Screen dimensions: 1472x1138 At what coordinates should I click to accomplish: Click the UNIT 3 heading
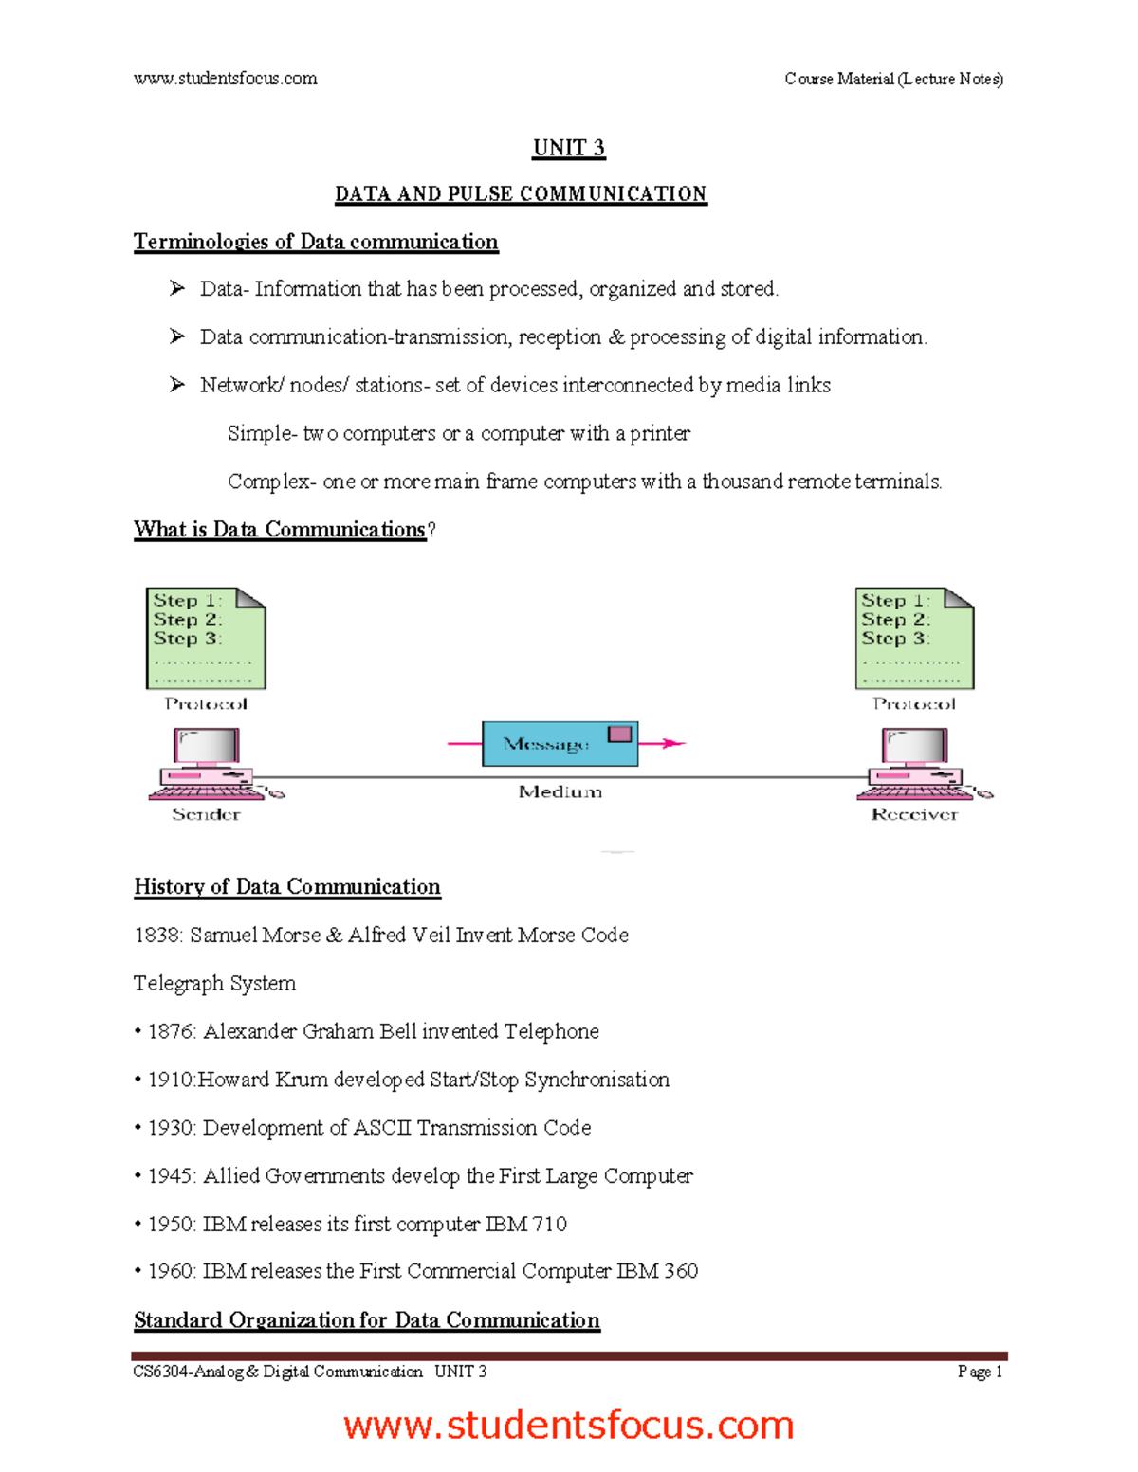coord(568,148)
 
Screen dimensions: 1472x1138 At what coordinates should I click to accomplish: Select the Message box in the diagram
coord(559,744)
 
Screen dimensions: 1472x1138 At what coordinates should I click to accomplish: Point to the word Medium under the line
coord(560,791)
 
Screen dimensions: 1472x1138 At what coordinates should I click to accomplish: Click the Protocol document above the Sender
coord(206,638)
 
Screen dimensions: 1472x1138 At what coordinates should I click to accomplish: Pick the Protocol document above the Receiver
coord(914,638)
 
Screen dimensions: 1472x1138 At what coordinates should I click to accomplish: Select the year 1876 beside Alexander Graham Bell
coord(172,1031)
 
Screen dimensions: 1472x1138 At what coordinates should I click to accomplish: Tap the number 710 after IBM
coord(549,1224)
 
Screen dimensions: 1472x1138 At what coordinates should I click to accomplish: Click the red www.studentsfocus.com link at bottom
coord(568,1425)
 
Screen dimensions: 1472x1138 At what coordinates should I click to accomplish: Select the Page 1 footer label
coord(980,1372)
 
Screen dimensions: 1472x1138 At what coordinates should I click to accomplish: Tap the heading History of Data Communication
coord(287,887)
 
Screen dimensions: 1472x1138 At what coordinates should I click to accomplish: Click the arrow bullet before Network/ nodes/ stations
coord(177,385)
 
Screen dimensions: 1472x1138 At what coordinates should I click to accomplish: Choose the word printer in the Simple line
coord(660,434)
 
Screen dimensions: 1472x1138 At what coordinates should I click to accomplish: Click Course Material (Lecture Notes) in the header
coord(893,79)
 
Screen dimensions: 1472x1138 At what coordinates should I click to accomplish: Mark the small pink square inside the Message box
coord(619,734)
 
